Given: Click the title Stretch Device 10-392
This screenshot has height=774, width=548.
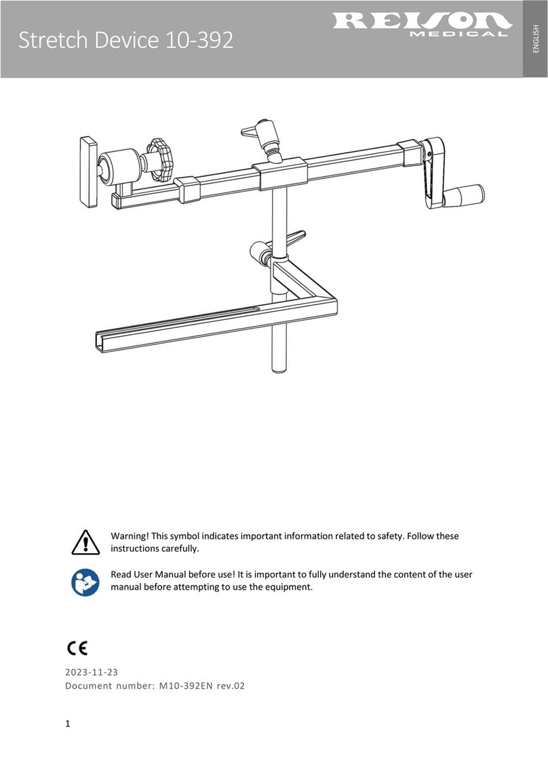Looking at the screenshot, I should pos(125,42).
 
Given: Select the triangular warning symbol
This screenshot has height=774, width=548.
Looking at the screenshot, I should pos(84,543).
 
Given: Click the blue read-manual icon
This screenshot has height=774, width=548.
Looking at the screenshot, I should pos(84,582).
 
